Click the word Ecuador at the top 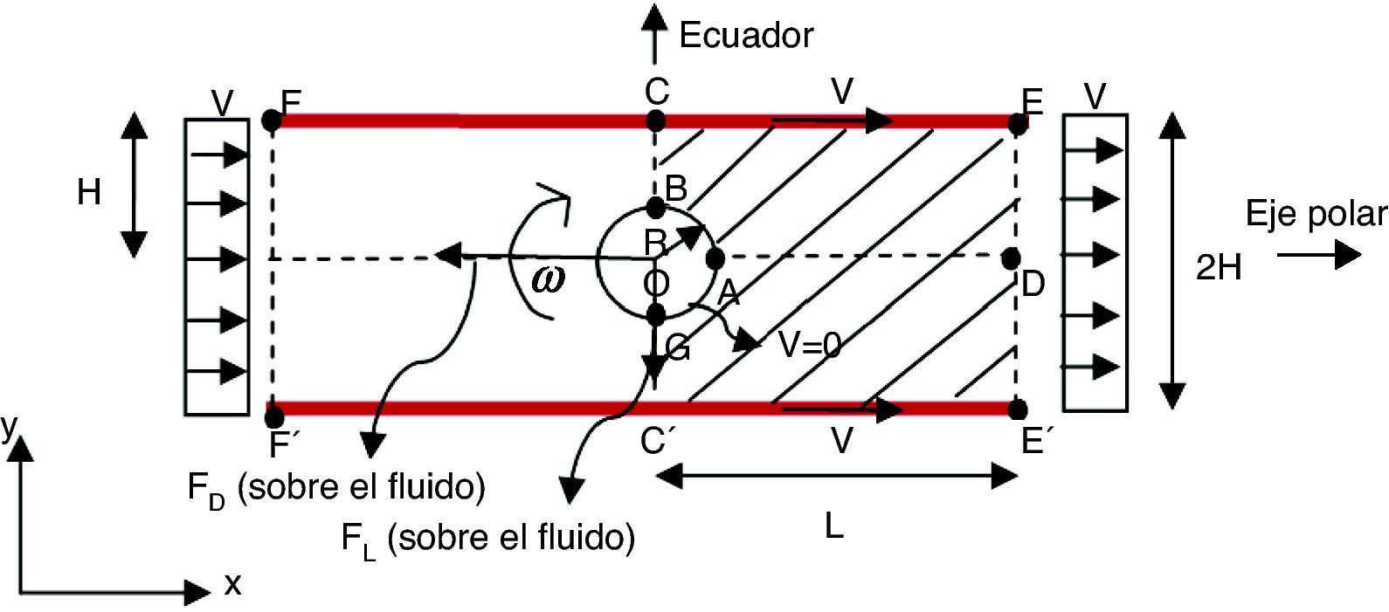746,36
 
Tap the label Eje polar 1316,215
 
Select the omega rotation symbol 547,278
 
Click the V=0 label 810,347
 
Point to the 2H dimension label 1218,269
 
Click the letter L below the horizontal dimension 834,526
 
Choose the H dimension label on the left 88,192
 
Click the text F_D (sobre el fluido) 336,488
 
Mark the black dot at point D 1011,258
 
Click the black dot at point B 656,209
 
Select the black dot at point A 715,258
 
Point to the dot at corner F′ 274,416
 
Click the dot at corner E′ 1017,409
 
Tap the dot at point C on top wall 656,120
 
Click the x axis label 232,584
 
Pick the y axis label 10,428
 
